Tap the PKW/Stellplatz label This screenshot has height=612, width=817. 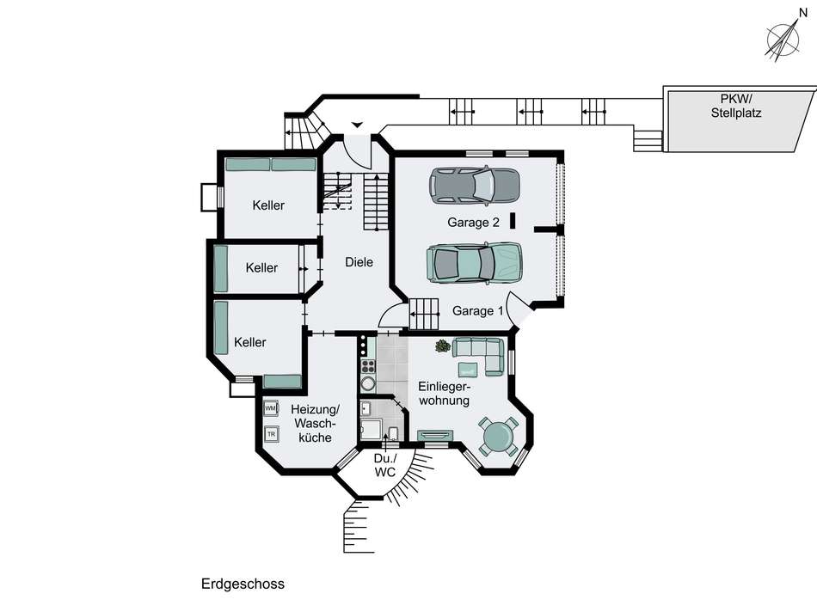[735, 106]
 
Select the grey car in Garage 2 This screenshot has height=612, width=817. [474, 186]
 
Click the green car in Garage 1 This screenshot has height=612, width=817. [474, 263]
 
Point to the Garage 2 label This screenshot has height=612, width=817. [473, 223]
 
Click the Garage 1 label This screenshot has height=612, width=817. [478, 311]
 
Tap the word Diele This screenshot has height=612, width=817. [359, 262]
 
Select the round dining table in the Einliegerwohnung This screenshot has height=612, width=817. [498, 436]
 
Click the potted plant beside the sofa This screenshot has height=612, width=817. [443, 346]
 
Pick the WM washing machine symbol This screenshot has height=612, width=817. [270, 408]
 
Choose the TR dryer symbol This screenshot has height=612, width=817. [271, 433]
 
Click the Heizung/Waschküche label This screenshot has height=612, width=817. [316, 423]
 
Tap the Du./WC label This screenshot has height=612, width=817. [385, 466]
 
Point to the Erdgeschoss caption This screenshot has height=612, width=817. [243, 584]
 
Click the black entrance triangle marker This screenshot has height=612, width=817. [357, 125]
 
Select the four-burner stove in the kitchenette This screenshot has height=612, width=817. [368, 365]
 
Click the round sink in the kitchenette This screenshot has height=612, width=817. [368, 384]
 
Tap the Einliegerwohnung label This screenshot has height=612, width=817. [445, 394]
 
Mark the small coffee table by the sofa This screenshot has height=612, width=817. [467, 370]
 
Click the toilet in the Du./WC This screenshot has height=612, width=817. [393, 433]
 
